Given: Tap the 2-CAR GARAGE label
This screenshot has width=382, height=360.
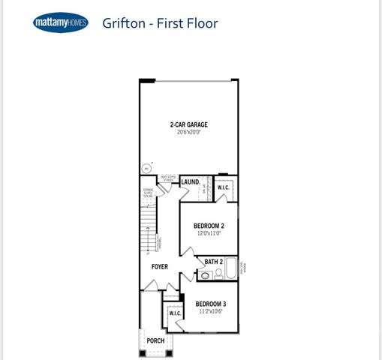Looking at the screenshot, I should pos(188,124).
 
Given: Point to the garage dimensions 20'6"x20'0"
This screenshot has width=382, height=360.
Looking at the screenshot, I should pos(188,133).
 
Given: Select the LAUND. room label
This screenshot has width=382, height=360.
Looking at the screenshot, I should pos(190,182).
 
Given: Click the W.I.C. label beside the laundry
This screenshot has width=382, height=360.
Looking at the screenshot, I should pos(224,187).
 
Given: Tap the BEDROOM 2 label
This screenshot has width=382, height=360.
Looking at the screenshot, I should pos(209,226).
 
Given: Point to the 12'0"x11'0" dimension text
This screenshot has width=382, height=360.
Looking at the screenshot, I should pos(209,233).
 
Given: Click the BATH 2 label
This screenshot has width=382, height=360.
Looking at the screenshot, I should pos(214,262).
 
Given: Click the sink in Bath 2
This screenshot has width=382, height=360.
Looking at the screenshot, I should pos(205,276).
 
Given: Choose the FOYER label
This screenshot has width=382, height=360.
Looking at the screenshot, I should pos(159,267).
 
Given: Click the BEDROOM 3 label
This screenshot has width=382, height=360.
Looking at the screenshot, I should pos(211,304).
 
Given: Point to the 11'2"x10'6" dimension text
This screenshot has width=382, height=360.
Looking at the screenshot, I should pos(211,311).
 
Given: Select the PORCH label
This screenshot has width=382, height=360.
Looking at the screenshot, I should pos(155,340).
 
